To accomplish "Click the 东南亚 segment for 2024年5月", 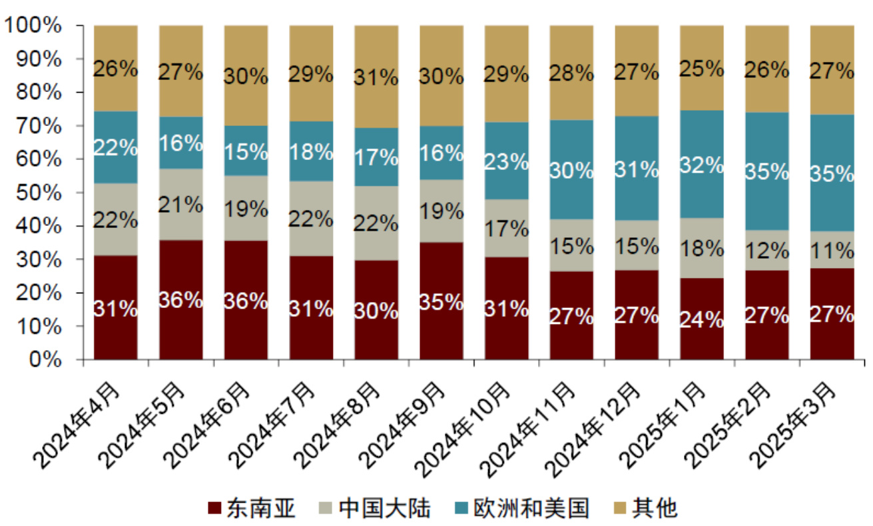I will coord(180,300).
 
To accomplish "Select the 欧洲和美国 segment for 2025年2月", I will coord(766,171).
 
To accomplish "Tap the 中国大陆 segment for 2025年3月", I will coord(832,250).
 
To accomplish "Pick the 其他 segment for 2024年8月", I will coord(376,77).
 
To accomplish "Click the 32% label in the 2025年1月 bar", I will coord(701,164).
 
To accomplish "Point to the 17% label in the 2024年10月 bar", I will coord(506,229).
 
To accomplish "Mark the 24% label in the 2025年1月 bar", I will coord(701,320).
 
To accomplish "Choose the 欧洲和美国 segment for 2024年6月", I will coord(246,151).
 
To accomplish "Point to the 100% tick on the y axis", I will coord(41,26).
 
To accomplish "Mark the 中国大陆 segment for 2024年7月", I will coord(311,219).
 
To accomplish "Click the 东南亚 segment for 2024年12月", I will coord(637,315).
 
